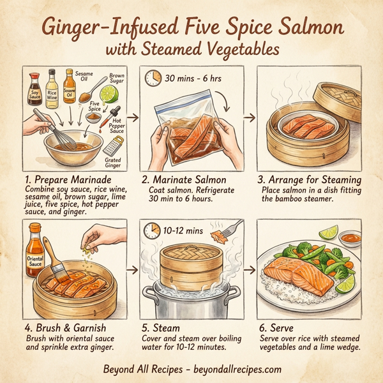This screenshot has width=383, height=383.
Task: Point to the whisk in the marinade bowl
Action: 49,131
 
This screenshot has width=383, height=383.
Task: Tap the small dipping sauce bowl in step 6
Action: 349,237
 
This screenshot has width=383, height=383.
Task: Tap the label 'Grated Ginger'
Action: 114,162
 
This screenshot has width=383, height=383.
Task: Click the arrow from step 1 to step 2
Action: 132,118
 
